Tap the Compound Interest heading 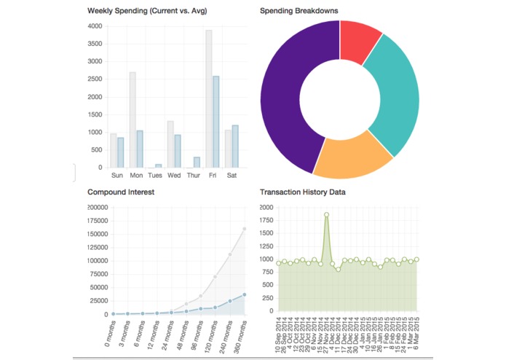click(120, 192)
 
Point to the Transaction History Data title click(303, 192)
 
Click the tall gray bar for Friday click(209, 98)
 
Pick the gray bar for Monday click(133, 120)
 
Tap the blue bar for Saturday click(235, 146)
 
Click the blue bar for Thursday click(197, 163)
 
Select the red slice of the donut click(359, 39)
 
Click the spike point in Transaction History click(327, 214)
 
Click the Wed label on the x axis click(174, 176)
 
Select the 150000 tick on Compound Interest click(97, 234)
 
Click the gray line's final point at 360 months click(245, 229)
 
